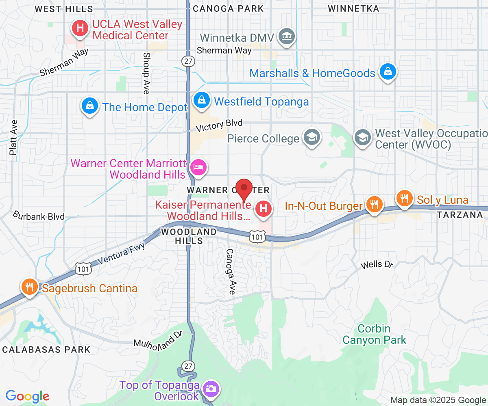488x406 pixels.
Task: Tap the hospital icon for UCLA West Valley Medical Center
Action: click(x=80, y=28)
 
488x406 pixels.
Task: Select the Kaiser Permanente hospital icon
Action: click(x=263, y=209)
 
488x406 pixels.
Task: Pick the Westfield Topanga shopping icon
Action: click(x=201, y=100)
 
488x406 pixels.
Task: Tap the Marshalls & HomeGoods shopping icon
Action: click(x=388, y=72)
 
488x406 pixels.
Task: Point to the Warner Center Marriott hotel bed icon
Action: click(x=198, y=167)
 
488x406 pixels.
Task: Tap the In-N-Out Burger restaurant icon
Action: click(x=374, y=204)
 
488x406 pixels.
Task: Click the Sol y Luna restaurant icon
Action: click(x=404, y=199)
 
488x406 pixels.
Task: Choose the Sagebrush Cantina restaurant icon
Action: click(x=29, y=287)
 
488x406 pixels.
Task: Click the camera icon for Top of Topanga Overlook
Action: click(x=211, y=389)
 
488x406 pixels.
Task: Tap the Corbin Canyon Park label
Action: click(x=374, y=334)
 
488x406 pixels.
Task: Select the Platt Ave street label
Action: click(x=13, y=137)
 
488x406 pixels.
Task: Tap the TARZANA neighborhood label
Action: click(x=460, y=215)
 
